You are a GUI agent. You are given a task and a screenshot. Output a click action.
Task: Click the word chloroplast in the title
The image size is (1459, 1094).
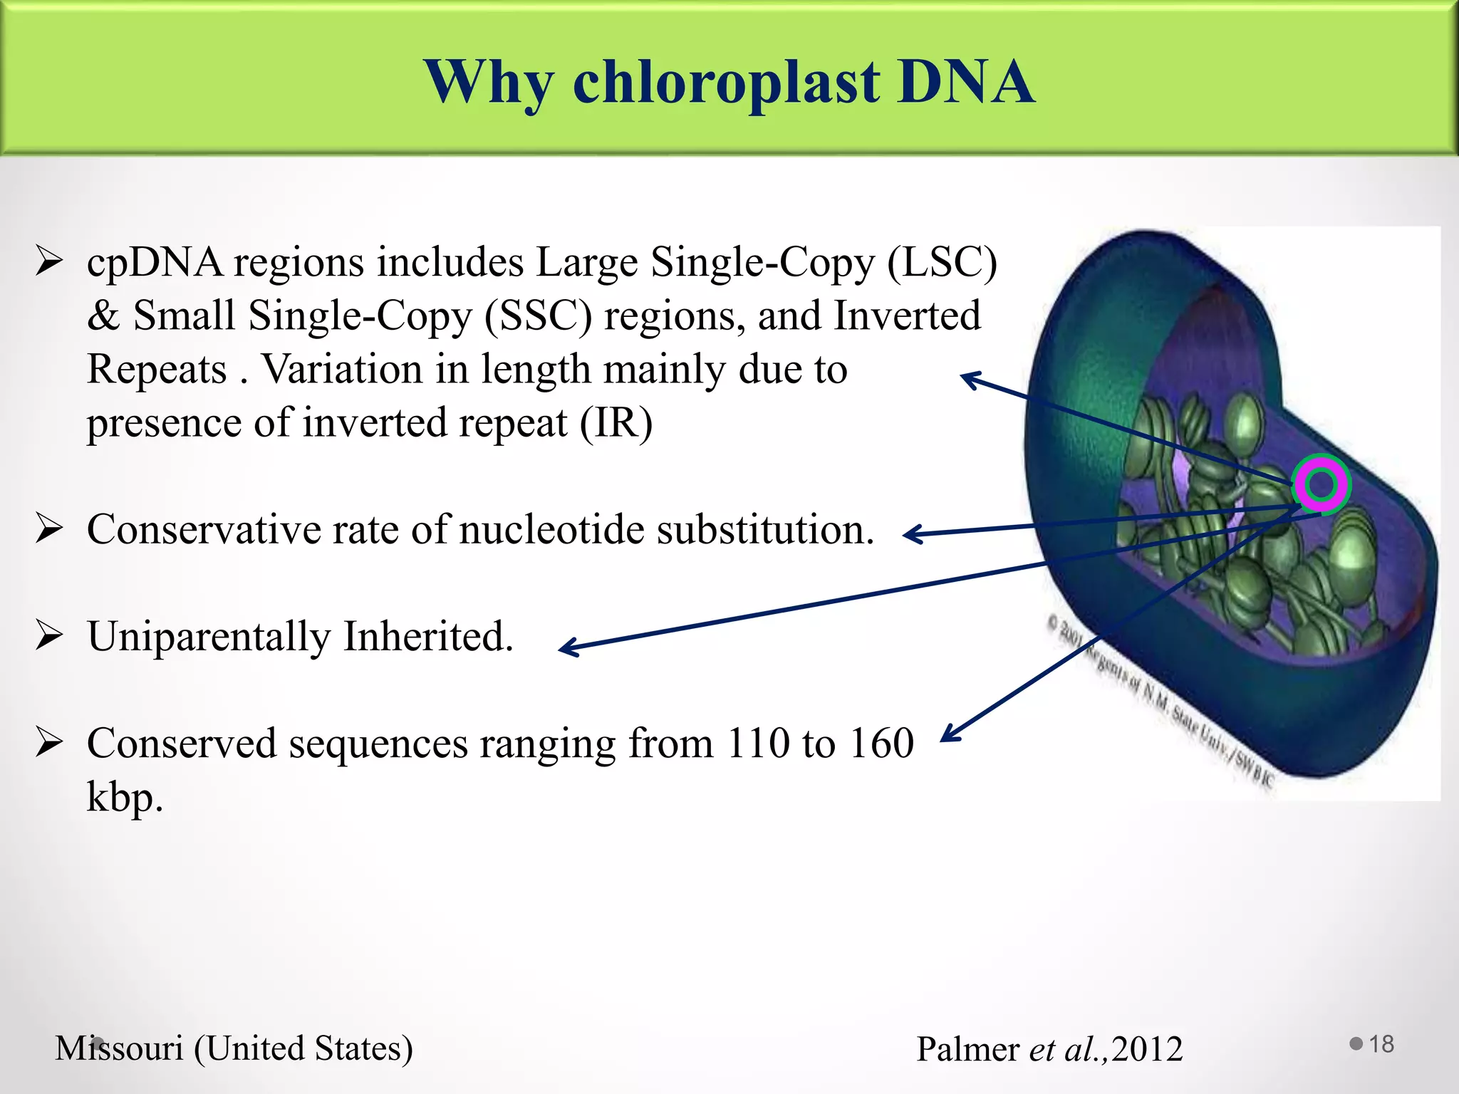pos(726,83)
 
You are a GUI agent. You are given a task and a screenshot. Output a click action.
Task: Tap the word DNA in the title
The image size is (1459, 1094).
pos(965,83)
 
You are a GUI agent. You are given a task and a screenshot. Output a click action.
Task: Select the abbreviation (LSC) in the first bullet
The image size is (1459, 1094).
pos(942,263)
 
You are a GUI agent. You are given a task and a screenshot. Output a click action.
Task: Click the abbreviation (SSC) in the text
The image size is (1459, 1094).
pos(538,316)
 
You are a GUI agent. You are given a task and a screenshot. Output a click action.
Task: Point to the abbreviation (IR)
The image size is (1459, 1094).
pos(616,423)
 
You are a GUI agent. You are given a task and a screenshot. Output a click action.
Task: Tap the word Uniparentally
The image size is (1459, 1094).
pos(208,637)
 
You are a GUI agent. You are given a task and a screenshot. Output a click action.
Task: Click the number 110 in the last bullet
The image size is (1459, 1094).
pos(758,744)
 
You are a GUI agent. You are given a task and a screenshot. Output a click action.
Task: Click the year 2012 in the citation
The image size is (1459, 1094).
pos(1146,1049)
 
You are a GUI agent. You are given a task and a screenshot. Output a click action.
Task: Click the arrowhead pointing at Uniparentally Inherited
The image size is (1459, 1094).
pos(566,648)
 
